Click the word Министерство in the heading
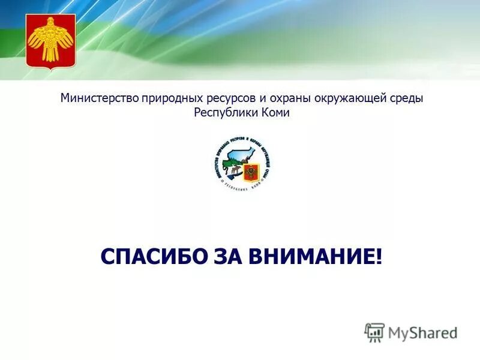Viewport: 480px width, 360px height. [99, 98]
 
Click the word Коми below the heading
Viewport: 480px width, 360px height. [275, 113]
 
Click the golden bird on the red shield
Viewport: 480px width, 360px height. [50, 41]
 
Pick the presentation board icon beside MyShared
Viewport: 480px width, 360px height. [374, 332]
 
